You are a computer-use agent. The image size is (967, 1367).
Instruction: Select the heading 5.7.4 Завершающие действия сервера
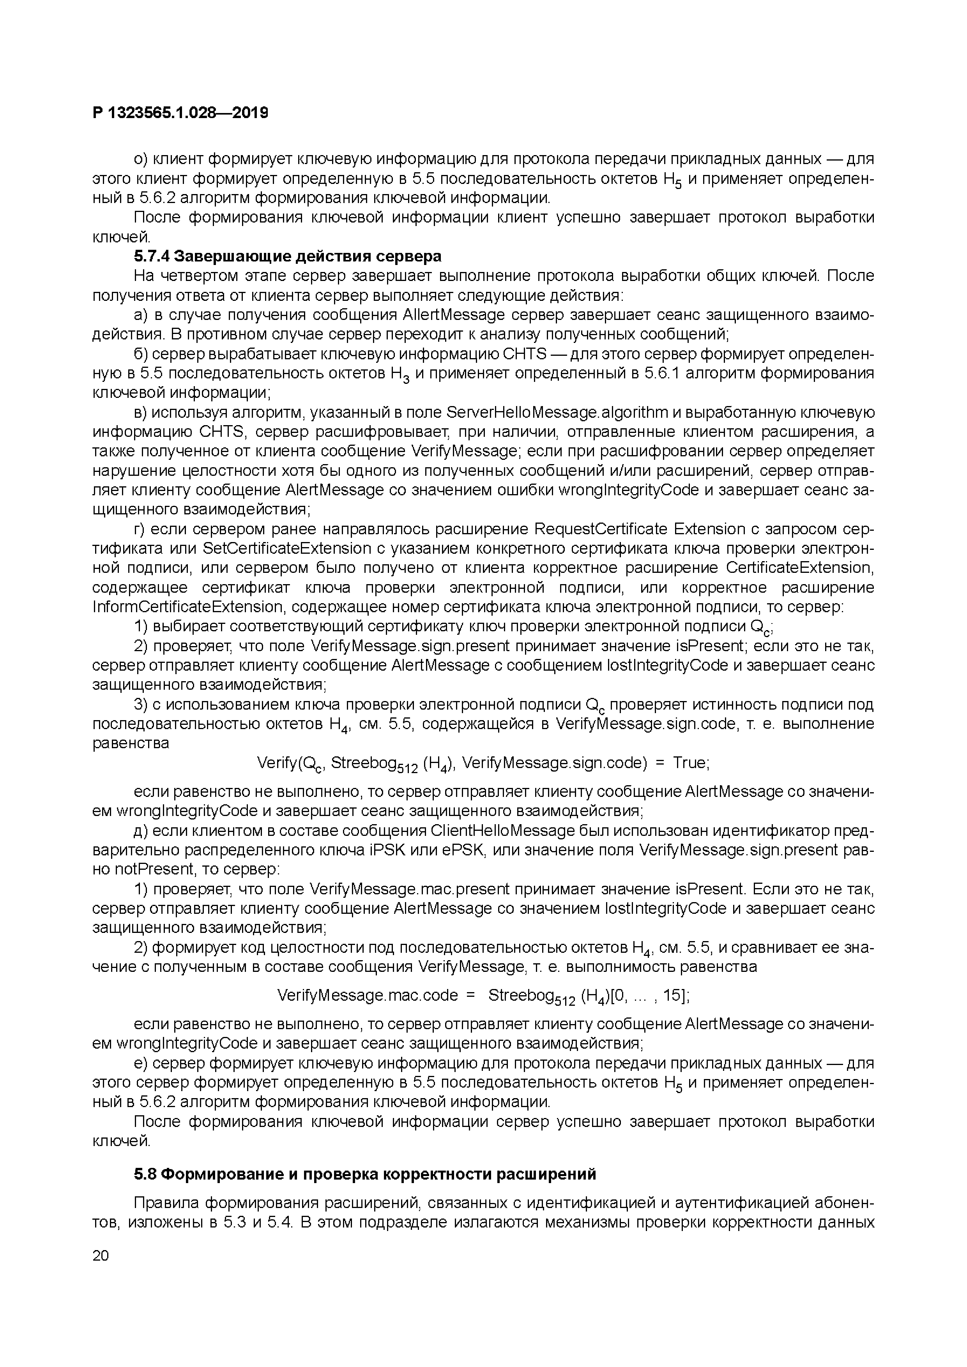[288, 257]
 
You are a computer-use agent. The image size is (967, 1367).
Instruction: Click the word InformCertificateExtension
[187, 607]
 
